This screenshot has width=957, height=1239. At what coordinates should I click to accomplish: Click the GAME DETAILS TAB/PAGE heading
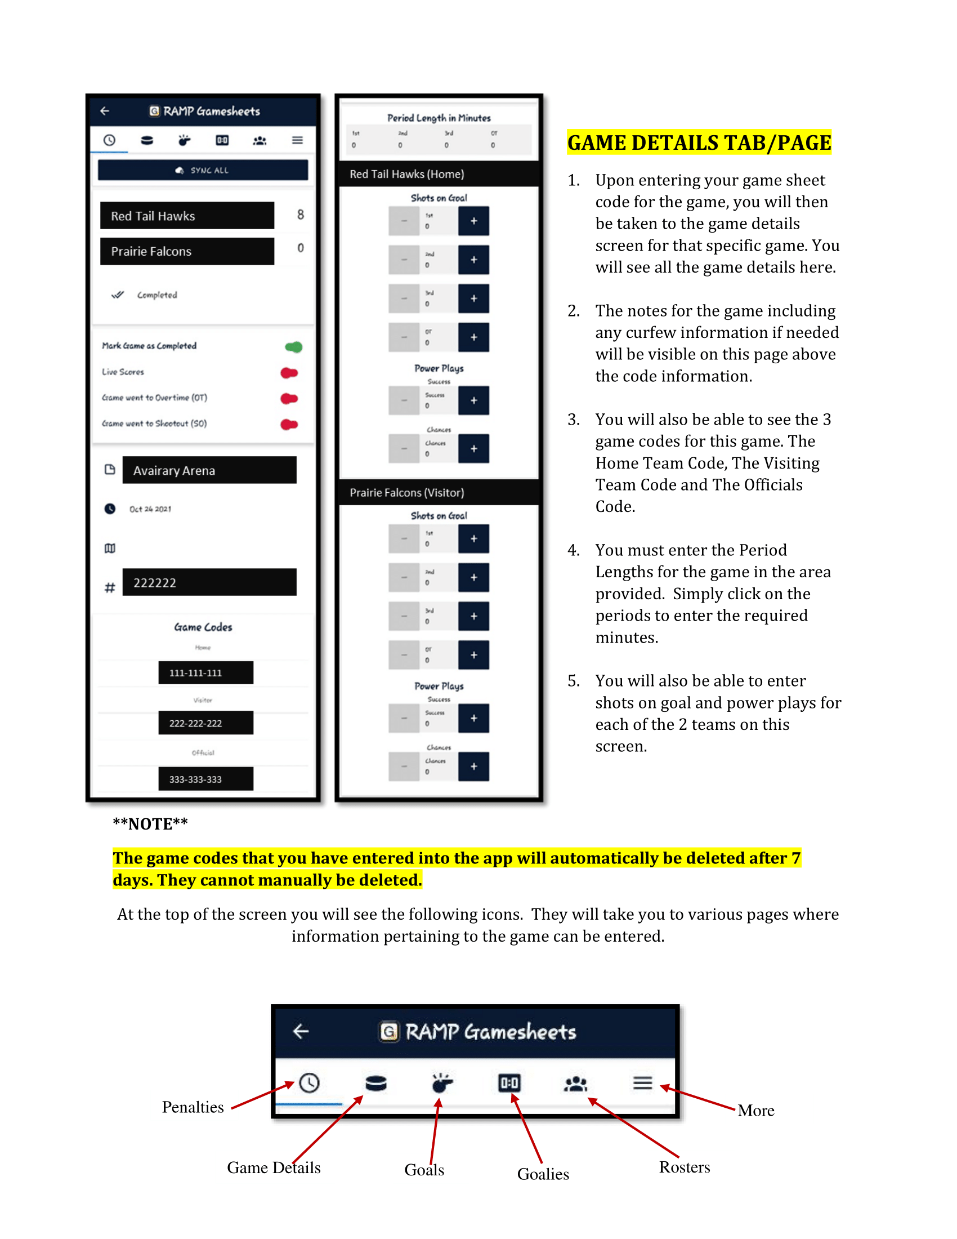click(699, 142)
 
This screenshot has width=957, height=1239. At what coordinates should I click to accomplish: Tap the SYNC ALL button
click(203, 170)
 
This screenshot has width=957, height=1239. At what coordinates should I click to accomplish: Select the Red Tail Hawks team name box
click(186, 216)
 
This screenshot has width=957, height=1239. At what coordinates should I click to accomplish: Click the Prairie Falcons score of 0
click(301, 248)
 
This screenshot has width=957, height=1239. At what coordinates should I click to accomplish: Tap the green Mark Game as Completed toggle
click(294, 346)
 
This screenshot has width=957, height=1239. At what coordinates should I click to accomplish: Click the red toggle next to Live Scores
click(289, 373)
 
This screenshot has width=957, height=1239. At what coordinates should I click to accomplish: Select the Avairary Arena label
click(209, 470)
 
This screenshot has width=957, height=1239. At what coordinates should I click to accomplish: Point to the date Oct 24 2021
click(150, 509)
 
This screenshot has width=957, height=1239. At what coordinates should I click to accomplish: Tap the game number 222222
click(209, 583)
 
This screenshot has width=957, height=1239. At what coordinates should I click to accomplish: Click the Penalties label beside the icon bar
click(193, 1107)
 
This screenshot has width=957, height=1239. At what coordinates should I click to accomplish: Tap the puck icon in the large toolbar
click(375, 1084)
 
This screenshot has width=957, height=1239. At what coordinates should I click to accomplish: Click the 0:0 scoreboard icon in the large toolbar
click(508, 1084)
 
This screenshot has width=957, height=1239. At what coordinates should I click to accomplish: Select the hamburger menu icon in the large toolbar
click(642, 1083)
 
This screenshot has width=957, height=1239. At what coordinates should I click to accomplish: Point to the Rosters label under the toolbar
click(684, 1167)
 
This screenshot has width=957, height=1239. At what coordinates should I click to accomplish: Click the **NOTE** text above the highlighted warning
click(150, 824)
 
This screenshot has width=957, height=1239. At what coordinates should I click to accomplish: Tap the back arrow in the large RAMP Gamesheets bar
click(301, 1031)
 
